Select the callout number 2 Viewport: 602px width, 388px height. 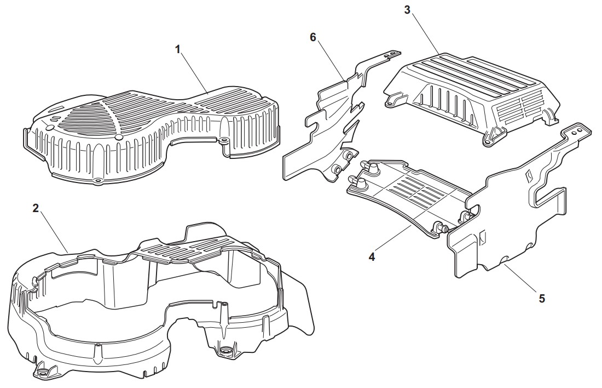point(36,208)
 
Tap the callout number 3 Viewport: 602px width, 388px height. point(407,10)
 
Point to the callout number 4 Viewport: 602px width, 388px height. point(372,256)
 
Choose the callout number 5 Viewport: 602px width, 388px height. point(542,298)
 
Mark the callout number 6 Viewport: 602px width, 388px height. point(313,37)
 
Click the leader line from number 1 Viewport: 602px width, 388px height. point(195,75)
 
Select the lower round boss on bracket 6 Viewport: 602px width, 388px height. point(336,169)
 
